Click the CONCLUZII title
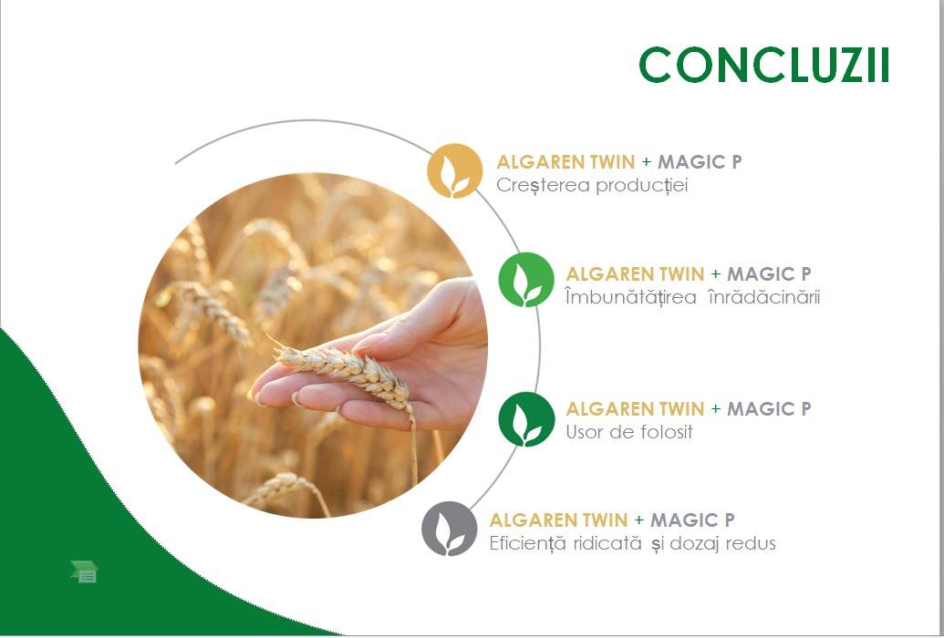(x=764, y=65)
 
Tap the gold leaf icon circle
(x=455, y=171)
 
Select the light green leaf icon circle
(x=526, y=280)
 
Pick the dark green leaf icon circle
(x=526, y=419)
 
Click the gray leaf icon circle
(x=449, y=529)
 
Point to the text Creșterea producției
(x=592, y=185)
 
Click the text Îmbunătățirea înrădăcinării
(x=693, y=297)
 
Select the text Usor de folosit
(x=629, y=431)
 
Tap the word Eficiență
(x=527, y=543)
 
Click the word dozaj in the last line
(x=695, y=543)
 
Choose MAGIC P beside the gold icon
(x=700, y=162)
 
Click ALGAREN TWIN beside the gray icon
(x=559, y=520)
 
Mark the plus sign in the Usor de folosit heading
(x=716, y=409)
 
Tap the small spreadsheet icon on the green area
(x=84, y=571)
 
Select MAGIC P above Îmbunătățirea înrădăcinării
(x=770, y=273)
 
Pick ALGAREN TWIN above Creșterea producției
(x=565, y=162)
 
